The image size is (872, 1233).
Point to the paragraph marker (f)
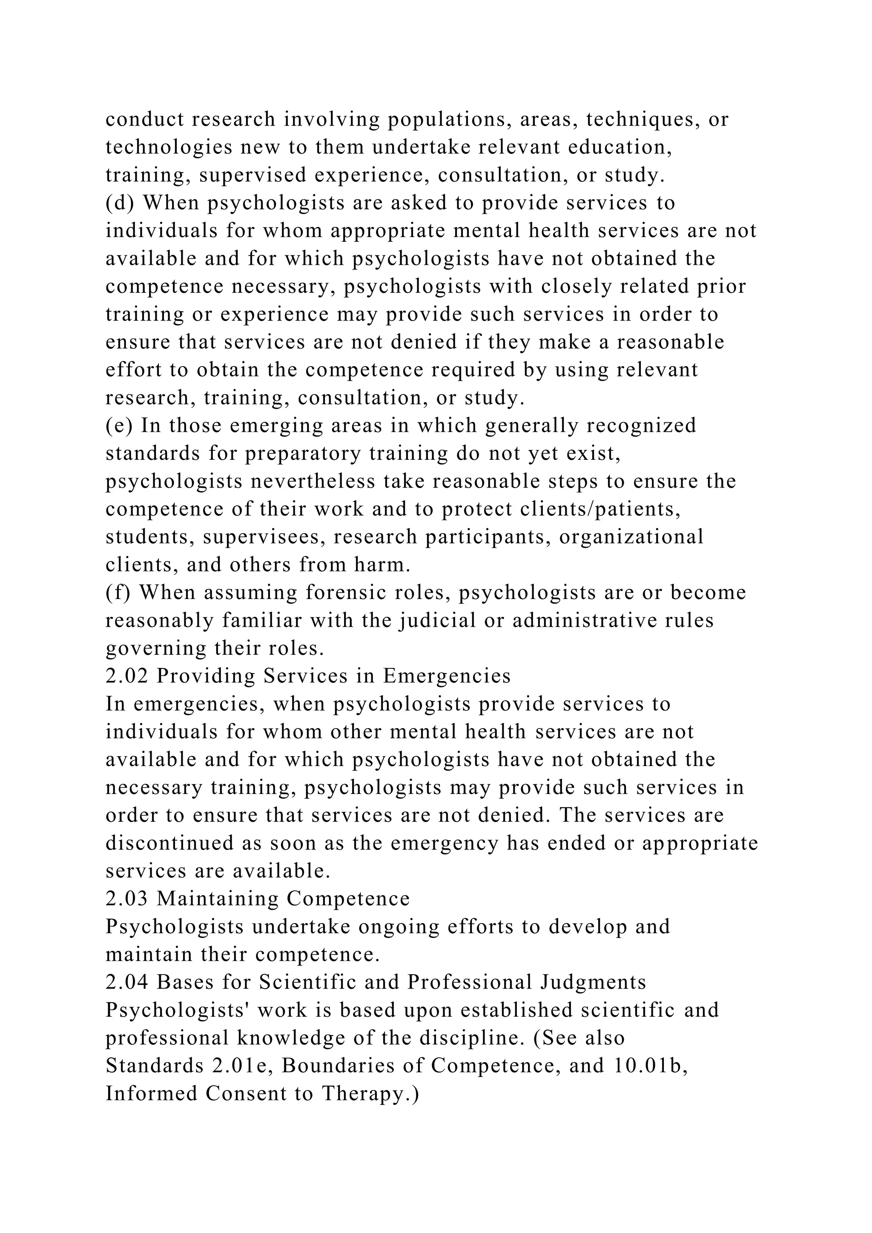(x=119, y=593)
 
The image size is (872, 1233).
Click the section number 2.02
(x=127, y=676)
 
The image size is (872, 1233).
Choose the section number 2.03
(x=127, y=899)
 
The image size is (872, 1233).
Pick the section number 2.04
(x=127, y=982)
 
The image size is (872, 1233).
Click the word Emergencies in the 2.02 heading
(x=447, y=676)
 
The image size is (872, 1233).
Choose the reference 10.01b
(x=650, y=1066)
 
